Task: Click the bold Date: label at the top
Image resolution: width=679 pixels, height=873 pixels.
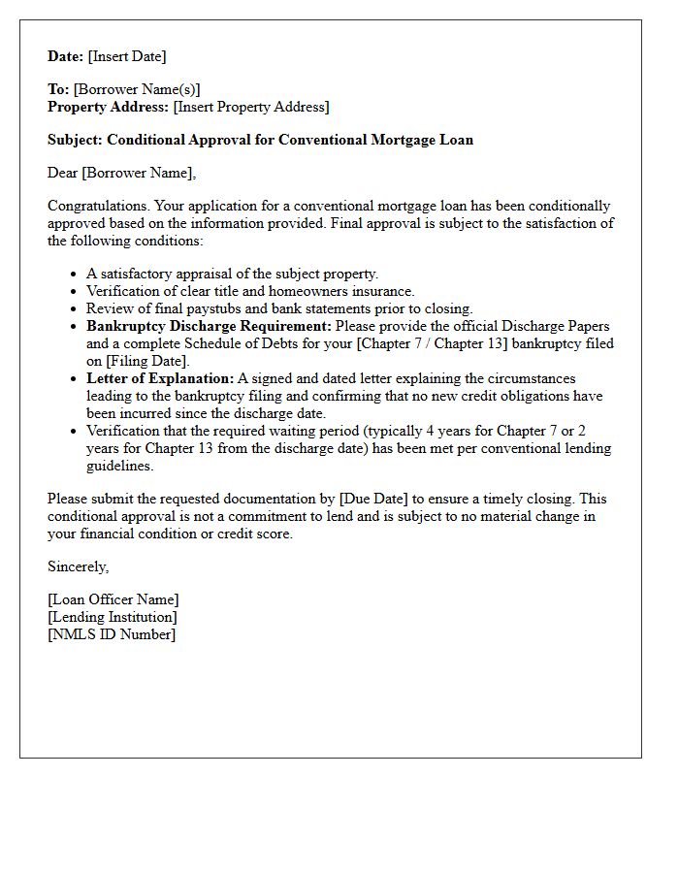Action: pos(66,56)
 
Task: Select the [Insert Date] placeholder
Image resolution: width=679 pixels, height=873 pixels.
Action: pos(127,56)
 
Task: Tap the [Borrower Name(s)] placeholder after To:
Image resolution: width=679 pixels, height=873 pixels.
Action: pos(137,89)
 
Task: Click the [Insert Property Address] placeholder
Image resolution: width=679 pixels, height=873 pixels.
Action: pos(251,107)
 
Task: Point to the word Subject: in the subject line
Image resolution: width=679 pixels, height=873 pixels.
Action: pos(76,140)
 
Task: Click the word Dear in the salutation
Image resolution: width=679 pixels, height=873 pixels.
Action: pos(63,173)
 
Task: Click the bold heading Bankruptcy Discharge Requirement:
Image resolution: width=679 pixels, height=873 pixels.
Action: pos(209,326)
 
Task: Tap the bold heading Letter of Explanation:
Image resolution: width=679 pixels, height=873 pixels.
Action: pos(160,378)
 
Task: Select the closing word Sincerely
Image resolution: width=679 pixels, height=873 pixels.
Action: pos(78,566)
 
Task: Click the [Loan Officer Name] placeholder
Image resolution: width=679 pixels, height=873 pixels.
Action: pos(113,599)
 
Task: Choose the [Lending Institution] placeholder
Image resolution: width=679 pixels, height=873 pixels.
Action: pos(113,617)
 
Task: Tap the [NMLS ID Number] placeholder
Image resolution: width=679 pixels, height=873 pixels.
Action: pos(112,634)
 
